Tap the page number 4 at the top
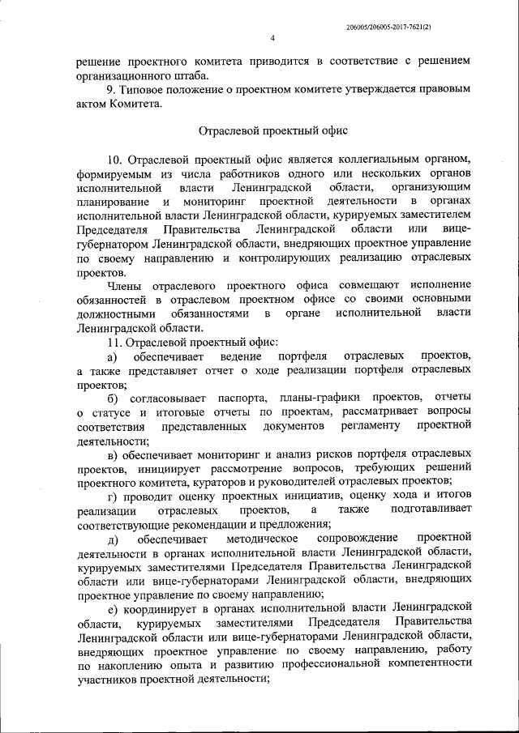tap(273, 39)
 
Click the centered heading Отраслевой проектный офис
tap(274, 130)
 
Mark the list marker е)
tap(113, 606)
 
